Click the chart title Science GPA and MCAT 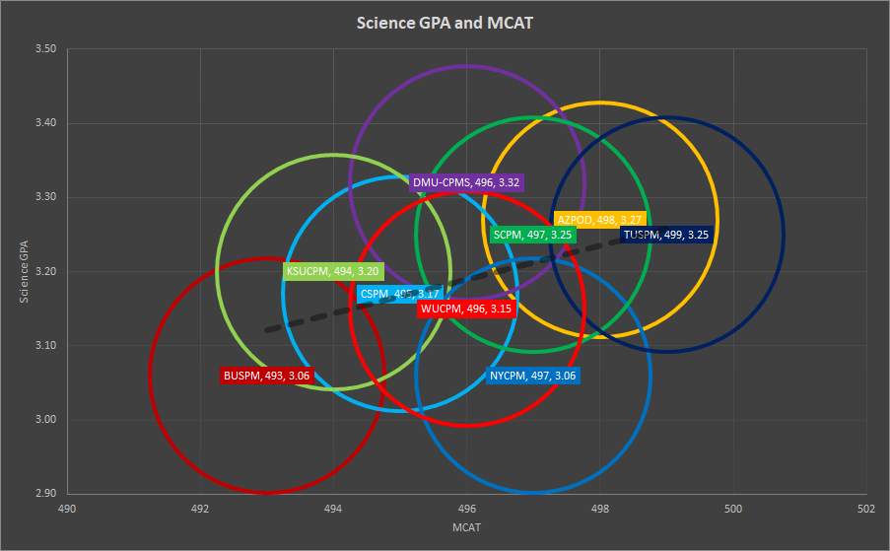pyautogui.click(x=445, y=22)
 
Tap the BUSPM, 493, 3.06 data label pyautogui.click(x=267, y=376)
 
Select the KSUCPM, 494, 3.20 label pyautogui.click(x=332, y=271)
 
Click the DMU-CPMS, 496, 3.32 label pyautogui.click(x=466, y=182)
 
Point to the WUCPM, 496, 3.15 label pyautogui.click(x=466, y=309)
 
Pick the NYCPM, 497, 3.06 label pyautogui.click(x=532, y=376)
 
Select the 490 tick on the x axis pyautogui.click(x=67, y=510)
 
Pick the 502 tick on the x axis pyautogui.click(x=866, y=510)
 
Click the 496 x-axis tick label pyautogui.click(x=467, y=510)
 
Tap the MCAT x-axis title pyautogui.click(x=467, y=529)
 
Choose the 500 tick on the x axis pyautogui.click(x=733, y=510)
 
